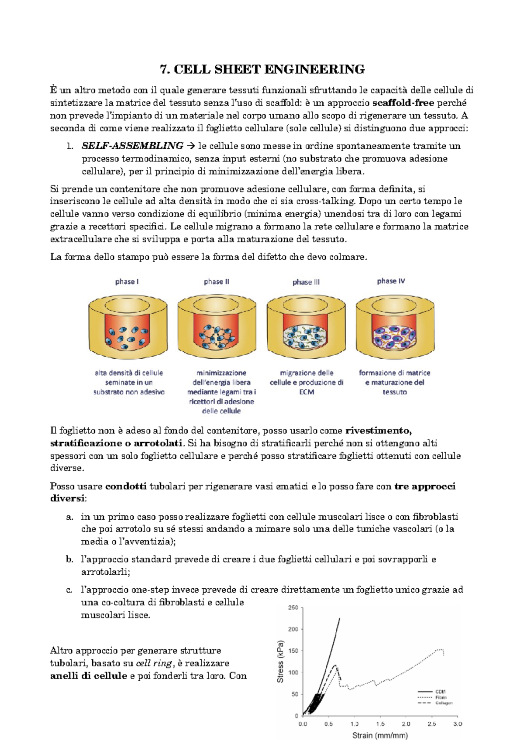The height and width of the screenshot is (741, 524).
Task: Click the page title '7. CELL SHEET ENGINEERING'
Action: coord(262,69)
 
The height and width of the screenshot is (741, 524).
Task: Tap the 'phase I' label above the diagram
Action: coord(127,282)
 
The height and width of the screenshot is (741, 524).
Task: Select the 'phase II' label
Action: coord(217,282)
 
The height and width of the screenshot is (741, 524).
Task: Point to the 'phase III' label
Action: coord(306,282)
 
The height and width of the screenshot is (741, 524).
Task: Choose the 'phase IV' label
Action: coord(391,281)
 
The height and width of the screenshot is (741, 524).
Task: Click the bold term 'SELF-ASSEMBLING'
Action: coord(132,146)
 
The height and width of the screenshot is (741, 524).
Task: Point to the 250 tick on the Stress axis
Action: coord(293,607)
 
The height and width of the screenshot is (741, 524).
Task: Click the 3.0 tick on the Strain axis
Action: coord(457,724)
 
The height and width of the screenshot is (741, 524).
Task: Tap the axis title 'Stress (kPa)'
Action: coord(280,662)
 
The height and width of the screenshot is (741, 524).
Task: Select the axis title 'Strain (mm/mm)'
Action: coord(380,735)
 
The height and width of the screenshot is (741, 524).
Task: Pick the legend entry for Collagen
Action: coord(444,703)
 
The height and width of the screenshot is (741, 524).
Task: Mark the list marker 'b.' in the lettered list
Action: coord(69,559)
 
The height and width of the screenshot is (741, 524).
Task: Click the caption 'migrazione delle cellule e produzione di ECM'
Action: coord(307,382)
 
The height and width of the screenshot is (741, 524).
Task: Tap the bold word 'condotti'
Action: coord(126,486)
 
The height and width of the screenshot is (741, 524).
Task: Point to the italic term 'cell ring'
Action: coord(154,663)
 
